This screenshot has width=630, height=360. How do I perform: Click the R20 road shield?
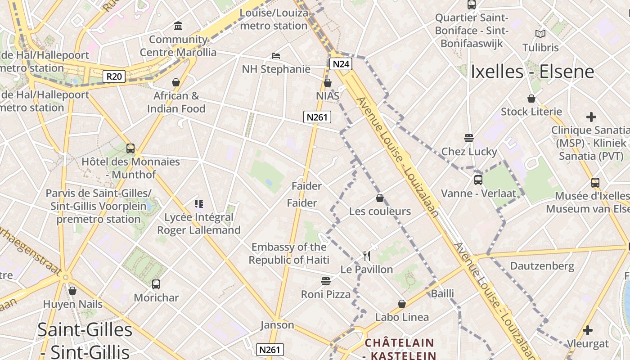coord(114,76)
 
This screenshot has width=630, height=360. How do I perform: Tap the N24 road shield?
coord(341,64)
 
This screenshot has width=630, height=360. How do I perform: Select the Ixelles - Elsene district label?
coord(532,72)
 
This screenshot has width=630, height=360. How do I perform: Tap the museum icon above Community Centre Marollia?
coord(178,26)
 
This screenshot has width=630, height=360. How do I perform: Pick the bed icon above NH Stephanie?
coord(276,56)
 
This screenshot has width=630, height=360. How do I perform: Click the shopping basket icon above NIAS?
coord(328,83)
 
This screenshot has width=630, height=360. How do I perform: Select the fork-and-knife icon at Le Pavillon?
coord(367,256)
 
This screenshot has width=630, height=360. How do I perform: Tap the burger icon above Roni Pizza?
coord(326,281)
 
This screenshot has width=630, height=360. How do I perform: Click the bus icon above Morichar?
coord(156,284)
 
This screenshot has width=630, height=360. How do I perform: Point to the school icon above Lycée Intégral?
coord(199,204)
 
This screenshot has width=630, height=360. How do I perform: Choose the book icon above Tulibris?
coord(540,34)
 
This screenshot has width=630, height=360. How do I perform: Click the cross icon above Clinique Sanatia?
coord(591,117)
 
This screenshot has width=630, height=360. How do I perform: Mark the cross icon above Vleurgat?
coord(587,330)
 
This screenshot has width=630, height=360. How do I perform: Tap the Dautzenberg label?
coord(542,266)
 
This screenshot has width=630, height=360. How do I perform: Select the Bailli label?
coord(442,294)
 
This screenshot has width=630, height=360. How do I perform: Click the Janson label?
coord(277,325)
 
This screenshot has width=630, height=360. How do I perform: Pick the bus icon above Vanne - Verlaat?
coord(478,180)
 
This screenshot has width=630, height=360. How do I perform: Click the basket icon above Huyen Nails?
coord(72,291)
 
